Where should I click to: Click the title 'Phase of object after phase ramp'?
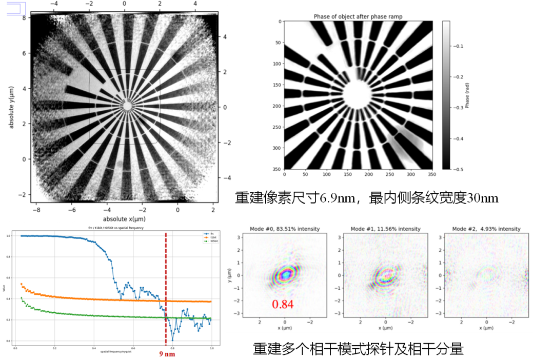358,17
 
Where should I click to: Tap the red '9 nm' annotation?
168,353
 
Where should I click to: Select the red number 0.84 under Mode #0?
282,305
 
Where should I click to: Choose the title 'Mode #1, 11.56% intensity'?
385,228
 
